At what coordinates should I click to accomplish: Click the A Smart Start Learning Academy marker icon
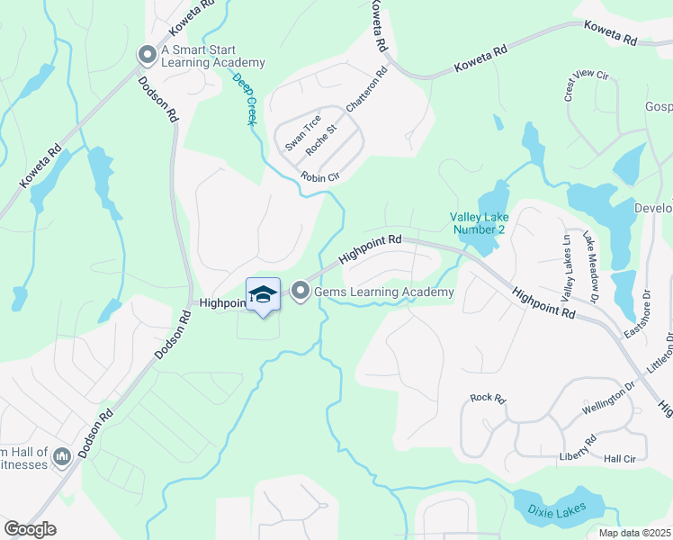pyautogui.click(x=147, y=56)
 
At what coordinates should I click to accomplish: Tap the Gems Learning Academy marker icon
pyautogui.click(x=301, y=292)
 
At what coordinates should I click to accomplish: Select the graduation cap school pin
pyautogui.click(x=263, y=295)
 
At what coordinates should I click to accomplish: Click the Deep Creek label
pyautogui.click(x=244, y=98)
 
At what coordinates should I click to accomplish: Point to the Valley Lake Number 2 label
pyautogui.click(x=480, y=223)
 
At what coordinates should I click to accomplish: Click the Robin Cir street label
pyautogui.click(x=319, y=177)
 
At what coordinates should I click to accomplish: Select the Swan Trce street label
pyautogui.click(x=302, y=133)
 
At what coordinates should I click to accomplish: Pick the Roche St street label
pyautogui.click(x=320, y=139)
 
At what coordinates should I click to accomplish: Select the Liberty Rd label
pyautogui.click(x=577, y=446)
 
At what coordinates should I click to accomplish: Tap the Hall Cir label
pyautogui.click(x=620, y=458)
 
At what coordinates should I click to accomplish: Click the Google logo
pyautogui.click(x=30, y=529)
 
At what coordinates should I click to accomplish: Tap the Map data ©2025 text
pyautogui.click(x=634, y=533)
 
